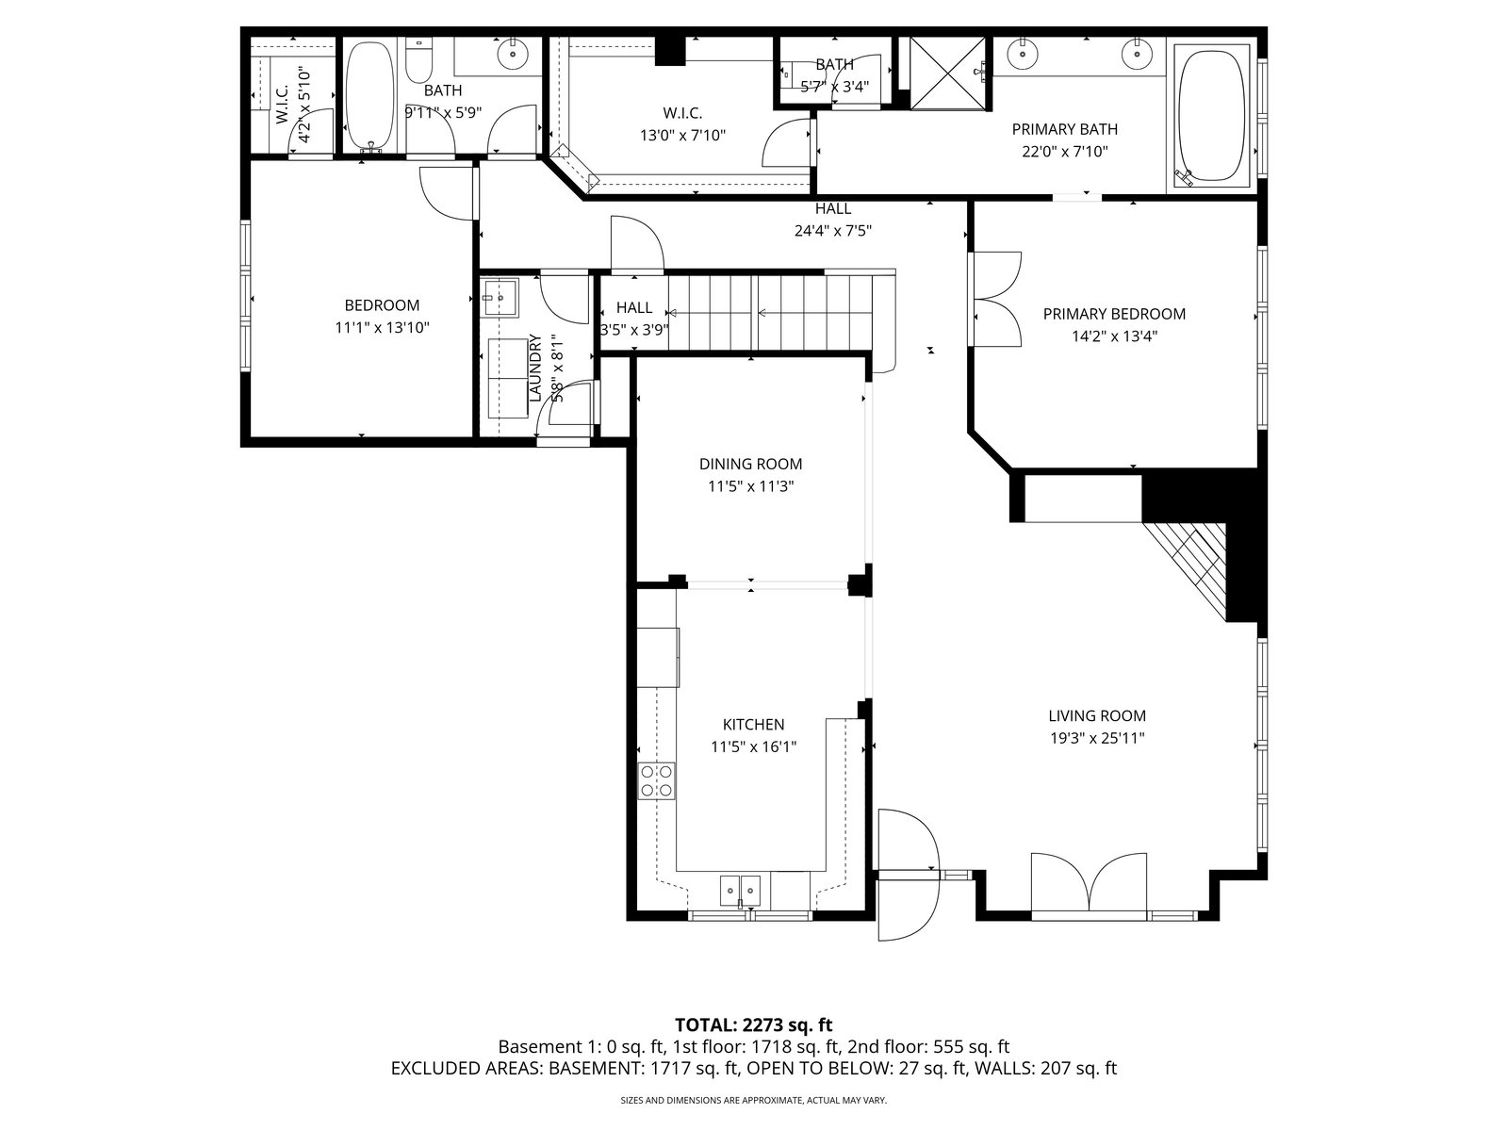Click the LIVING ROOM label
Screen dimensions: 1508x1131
click(x=1096, y=715)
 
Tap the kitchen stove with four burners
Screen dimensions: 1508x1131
click(x=657, y=781)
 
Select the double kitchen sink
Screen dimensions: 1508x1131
click(x=740, y=891)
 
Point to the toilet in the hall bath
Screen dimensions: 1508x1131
click(x=418, y=60)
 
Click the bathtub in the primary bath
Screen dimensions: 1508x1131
click(x=1211, y=115)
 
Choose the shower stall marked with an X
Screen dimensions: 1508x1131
click(x=946, y=73)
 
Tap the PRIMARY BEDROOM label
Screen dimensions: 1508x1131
click(x=1114, y=314)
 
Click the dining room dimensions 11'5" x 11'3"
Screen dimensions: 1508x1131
click(x=751, y=486)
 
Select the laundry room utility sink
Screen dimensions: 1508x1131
click(x=500, y=297)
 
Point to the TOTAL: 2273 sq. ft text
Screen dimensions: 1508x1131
click(x=754, y=1025)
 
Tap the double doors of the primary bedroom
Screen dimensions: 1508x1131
click(x=996, y=299)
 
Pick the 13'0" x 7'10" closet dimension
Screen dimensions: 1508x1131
click(x=683, y=136)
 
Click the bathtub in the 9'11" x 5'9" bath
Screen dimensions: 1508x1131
click(x=369, y=97)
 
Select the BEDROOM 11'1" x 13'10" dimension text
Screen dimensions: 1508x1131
click(x=382, y=328)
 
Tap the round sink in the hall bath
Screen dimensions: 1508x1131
click(x=512, y=53)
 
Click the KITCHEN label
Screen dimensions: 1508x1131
click(x=754, y=725)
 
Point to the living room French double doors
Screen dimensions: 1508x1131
click(x=1089, y=883)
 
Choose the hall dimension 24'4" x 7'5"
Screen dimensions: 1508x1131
click(x=832, y=231)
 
